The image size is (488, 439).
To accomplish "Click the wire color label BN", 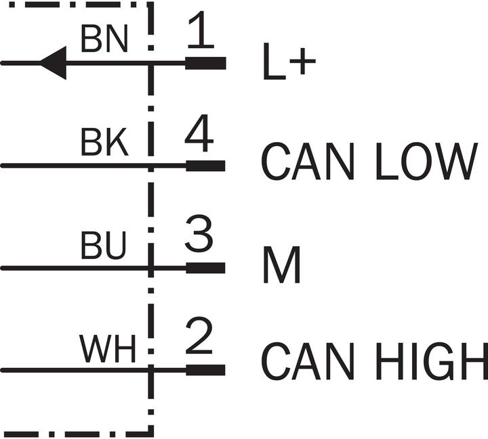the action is point(104,38).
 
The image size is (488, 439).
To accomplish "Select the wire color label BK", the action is point(104,141).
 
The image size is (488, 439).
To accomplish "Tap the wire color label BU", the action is point(103,245).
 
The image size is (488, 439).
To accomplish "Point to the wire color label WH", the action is point(108,348).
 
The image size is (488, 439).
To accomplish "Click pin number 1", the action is point(201,30).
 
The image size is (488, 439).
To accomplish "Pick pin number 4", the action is point(199,133).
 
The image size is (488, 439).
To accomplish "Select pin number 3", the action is point(199,233).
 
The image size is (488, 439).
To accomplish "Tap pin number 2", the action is point(199,336).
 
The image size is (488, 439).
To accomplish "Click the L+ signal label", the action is point(289,62).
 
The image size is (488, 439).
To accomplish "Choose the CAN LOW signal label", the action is point(369,161).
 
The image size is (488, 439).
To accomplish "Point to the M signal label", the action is point(282,264).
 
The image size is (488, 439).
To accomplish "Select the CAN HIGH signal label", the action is point(374,361).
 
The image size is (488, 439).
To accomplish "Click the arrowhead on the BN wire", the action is point(54,63).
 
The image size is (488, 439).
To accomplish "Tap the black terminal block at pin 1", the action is point(205,63).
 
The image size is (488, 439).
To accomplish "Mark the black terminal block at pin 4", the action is point(205,166).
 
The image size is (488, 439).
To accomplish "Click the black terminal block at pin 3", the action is point(205,268).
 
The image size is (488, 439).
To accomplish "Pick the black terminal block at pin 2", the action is point(205,370).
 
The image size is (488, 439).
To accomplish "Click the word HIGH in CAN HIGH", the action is point(432,361).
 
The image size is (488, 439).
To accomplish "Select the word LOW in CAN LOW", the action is point(426,161).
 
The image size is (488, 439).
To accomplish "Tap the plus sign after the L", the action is point(302,61).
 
